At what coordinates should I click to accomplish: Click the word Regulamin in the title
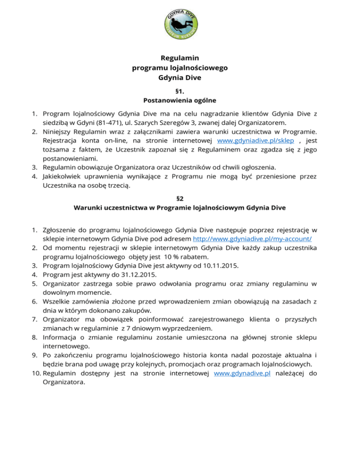pos(180,58)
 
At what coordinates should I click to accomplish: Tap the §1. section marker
pos(180,90)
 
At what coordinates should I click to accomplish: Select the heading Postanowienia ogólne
pos(180,100)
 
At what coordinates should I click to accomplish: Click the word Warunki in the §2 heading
pos(89,207)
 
